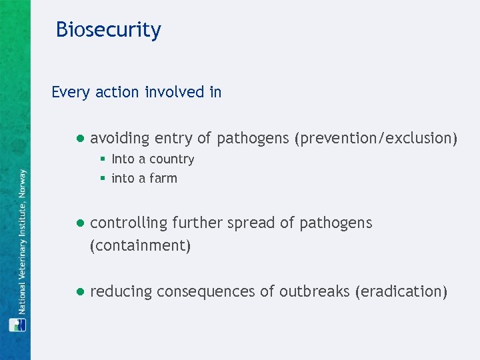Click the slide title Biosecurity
click(108, 30)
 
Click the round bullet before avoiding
click(79, 139)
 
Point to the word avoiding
click(120, 139)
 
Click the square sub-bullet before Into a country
click(103, 159)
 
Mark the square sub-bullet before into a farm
click(103, 179)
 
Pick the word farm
click(163, 179)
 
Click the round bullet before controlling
click(79, 223)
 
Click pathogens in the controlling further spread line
click(335, 223)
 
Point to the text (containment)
click(141, 245)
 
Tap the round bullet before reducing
click(79, 292)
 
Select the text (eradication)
click(401, 292)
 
